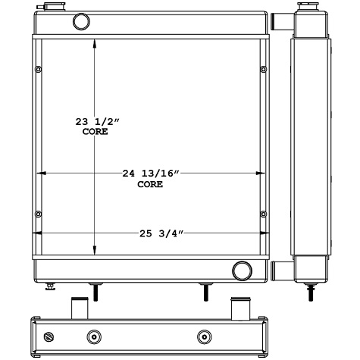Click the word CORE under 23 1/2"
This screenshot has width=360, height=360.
click(x=95, y=132)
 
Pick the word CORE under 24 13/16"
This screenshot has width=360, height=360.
click(x=149, y=184)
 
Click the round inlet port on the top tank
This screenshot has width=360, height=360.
click(x=80, y=22)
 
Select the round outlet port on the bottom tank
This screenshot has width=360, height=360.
click(x=242, y=269)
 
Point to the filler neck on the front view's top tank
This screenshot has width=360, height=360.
click(x=52, y=8)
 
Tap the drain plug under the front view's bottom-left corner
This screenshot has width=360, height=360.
click(x=51, y=286)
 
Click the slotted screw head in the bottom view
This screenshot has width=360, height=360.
click(x=51, y=337)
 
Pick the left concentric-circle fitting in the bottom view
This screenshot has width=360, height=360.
click(x=94, y=337)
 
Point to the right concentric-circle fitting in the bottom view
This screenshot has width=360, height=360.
click(x=203, y=337)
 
